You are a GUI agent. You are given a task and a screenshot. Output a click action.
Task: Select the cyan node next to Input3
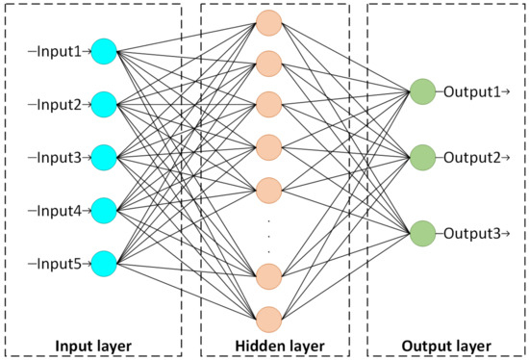[x=104, y=155]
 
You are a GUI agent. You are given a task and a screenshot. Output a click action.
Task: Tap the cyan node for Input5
[x=104, y=261]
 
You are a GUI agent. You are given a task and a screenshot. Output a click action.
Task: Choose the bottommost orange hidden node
[x=268, y=318]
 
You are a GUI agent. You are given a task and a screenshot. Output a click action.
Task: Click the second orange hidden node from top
[x=268, y=63]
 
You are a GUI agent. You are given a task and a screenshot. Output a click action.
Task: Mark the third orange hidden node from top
[x=268, y=104]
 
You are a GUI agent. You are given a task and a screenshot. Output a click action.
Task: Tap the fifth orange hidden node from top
[x=268, y=187]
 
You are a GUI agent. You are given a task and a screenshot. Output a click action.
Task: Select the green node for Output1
[x=421, y=92]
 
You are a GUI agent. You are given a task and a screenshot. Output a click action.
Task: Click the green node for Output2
[x=421, y=156]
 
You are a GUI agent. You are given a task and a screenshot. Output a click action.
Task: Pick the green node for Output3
[x=421, y=233]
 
